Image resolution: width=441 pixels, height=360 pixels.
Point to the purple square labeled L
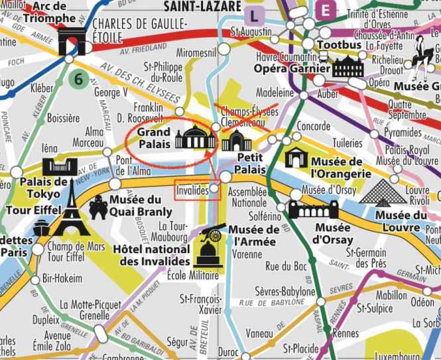click(x=253, y=14)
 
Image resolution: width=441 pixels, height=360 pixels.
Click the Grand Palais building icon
click(x=196, y=138)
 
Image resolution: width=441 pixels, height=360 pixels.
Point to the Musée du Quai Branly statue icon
click(x=97, y=207)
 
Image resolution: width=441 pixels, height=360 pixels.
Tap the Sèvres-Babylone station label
click(x=285, y=292)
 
